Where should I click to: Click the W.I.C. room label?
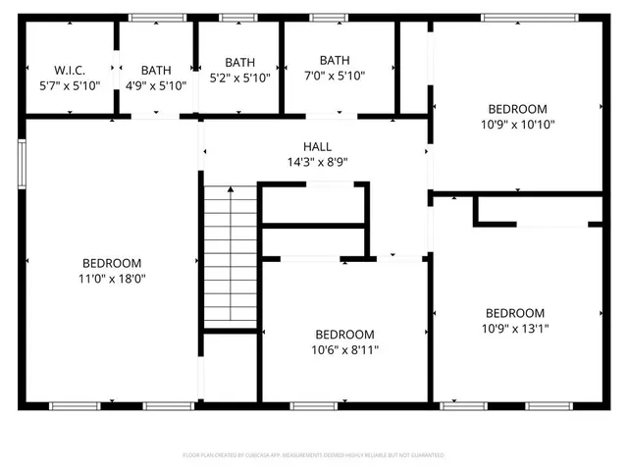coord(70,70)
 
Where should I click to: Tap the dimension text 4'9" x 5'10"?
coord(155,85)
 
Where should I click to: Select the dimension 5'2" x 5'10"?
coord(239,78)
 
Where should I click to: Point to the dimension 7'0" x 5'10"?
coord(335,76)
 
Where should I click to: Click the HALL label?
coord(316,146)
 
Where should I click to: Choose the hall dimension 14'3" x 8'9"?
coord(316,162)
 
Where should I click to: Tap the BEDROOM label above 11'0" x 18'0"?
coord(111,263)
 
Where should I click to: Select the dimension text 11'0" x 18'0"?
coord(111,279)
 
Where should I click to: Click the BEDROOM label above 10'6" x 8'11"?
coord(344,334)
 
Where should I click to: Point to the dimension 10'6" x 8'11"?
coord(344,349)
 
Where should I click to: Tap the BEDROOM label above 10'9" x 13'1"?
coord(514,313)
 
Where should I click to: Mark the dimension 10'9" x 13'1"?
coord(514,329)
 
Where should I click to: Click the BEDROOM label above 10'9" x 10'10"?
coord(518,109)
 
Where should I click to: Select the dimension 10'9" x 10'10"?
coord(518,125)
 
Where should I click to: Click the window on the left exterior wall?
coord(22,162)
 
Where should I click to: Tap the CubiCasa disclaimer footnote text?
coord(314,455)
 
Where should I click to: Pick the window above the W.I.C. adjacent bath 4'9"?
coord(157,17)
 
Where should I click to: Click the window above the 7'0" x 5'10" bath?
coord(327,17)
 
